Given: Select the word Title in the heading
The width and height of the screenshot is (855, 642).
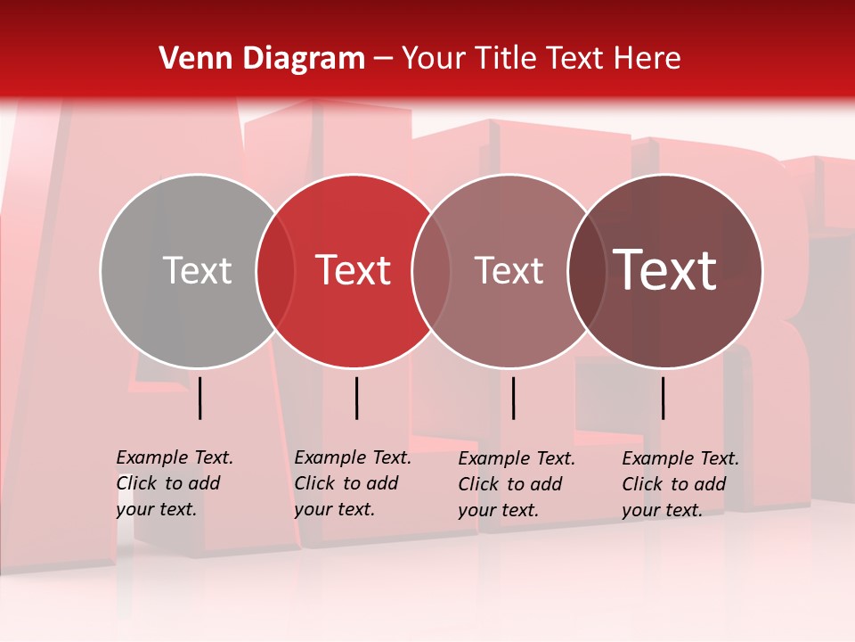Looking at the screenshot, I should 506,59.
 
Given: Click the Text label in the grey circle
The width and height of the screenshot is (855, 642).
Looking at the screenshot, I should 197,270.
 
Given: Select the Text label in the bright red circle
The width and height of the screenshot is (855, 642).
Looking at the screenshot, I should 353,270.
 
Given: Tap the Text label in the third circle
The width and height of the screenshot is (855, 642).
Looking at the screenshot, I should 509,270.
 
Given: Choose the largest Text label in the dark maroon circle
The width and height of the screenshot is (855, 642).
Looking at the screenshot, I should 665,270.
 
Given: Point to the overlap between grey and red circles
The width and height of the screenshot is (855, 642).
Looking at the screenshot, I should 275,270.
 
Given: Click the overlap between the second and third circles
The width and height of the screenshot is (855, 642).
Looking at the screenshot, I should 431,270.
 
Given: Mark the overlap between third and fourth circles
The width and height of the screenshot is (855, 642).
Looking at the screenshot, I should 587,270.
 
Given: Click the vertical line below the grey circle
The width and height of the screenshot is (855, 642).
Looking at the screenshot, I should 200,398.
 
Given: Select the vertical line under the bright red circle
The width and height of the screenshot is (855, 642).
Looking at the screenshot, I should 356,398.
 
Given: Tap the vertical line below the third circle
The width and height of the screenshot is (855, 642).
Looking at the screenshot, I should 513,398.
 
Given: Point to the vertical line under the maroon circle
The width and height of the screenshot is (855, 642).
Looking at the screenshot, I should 664,398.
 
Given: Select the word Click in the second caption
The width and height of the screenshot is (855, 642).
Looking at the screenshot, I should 314,483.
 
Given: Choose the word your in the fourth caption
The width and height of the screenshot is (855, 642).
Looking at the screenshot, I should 639,510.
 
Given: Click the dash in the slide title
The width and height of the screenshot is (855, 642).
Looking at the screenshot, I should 383,59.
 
